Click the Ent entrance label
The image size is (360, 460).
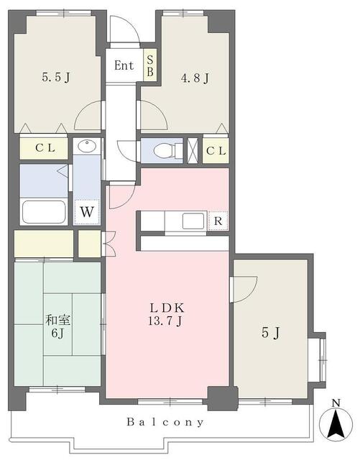[124, 65]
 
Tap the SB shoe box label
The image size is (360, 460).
[150, 65]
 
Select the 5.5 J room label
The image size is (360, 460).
[56, 77]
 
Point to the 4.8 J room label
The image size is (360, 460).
[195, 78]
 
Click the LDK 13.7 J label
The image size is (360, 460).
[167, 314]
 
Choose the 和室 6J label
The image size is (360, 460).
[57, 326]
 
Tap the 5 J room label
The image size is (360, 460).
[270, 333]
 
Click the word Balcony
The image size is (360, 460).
[165, 422]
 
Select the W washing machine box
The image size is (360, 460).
[87, 212]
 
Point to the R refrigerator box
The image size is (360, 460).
[218, 221]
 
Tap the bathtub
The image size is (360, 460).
[44, 212]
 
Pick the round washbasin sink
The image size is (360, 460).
[87, 146]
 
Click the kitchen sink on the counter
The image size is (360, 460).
[193, 221]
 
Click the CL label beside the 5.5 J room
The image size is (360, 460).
[45, 148]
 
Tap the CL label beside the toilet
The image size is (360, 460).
[216, 151]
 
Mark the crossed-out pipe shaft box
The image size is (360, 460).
[193, 150]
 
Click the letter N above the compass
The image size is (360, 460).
[336, 402]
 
